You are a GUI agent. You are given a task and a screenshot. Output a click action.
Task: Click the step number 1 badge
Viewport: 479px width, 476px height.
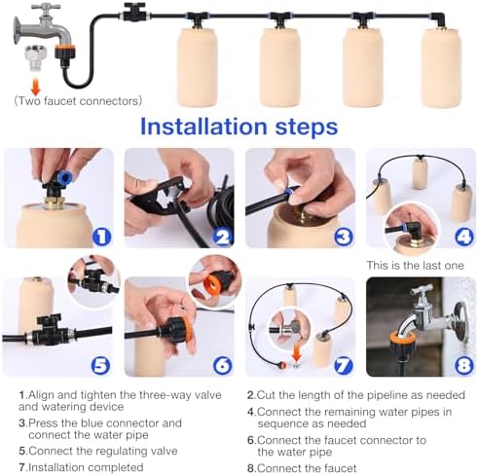(102, 237)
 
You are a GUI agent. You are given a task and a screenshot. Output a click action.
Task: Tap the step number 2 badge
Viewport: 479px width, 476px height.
(222, 237)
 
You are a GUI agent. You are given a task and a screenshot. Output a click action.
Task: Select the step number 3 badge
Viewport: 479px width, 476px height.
(344, 237)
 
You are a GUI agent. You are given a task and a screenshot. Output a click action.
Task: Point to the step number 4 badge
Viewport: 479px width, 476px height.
(464, 237)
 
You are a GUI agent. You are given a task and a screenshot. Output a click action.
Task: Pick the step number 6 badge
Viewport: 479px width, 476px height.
(222, 366)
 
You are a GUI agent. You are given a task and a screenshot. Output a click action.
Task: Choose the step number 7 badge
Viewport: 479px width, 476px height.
(344, 366)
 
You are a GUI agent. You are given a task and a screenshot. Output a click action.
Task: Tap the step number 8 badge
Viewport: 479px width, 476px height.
(464, 366)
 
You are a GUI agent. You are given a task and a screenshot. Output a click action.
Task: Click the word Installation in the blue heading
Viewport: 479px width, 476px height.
(203, 127)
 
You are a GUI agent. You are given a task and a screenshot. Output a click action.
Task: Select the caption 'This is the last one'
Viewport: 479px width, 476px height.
(415, 266)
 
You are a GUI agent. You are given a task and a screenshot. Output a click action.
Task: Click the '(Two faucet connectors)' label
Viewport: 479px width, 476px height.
(78, 101)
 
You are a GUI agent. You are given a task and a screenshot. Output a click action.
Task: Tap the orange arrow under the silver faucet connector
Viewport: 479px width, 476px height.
(36, 88)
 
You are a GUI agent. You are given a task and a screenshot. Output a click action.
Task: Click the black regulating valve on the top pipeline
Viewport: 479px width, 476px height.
(134, 13)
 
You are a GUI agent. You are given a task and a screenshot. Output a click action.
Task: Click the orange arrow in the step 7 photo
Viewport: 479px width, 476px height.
(297, 354)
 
